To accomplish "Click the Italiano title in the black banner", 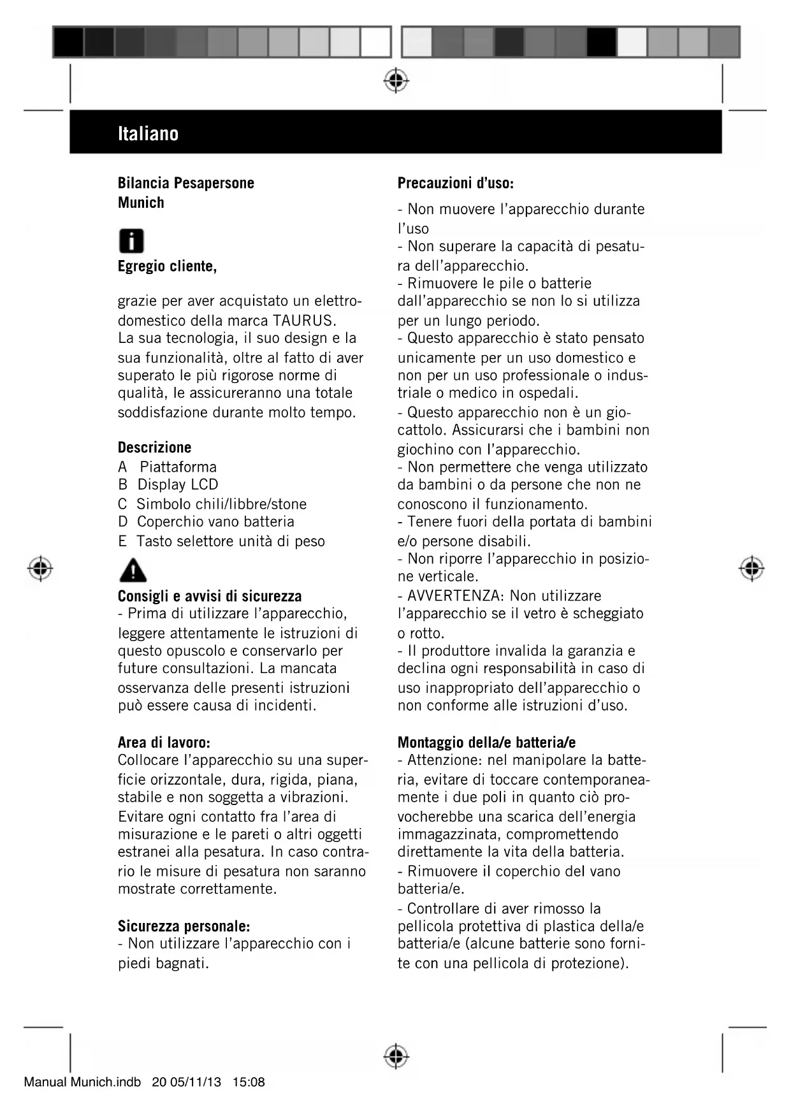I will [x=148, y=133].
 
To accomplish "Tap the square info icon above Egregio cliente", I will [x=131, y=241].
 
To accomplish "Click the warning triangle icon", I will [x=133, y=570].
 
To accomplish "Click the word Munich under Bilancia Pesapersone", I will [x=141, y=203].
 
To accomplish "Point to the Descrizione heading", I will [x=154, y=447].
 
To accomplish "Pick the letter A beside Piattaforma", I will [x=122, y=467].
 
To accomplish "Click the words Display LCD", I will [x=178, y=484].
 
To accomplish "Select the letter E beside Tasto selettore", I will [x=122, y=542].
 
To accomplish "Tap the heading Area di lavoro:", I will [x=164, y=743].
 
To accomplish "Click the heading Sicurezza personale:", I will [x=184, y=926].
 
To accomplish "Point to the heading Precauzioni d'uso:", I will [x=456, y=184].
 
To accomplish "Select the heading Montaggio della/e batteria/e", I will [x=486, y=743].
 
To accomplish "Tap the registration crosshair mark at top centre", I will [x=396, y=81].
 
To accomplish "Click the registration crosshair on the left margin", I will [x=40, y=567].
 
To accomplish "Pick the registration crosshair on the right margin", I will [x=752, y=567].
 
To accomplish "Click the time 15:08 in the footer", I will [x=249, y=1082].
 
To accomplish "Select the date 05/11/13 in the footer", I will [x=196, y=1082].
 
